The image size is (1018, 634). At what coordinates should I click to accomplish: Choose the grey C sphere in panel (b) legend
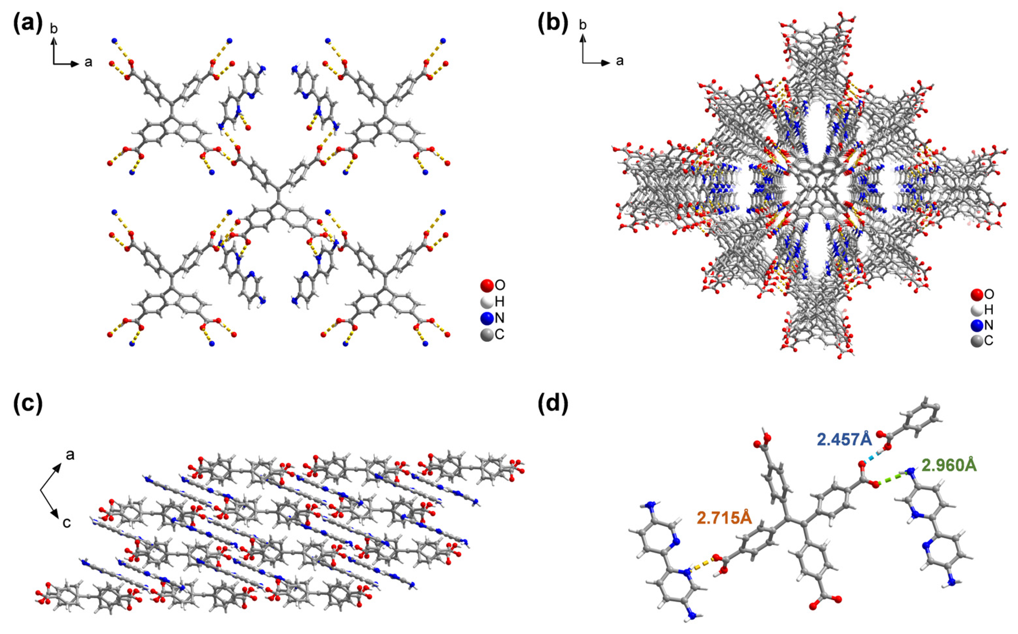click(977, 340)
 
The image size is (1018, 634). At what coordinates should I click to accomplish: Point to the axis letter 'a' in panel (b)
click(620, 61)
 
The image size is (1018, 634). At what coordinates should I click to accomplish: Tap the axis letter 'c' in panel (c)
click(66, 522)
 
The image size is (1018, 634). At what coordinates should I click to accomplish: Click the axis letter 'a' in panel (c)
click(70, 454)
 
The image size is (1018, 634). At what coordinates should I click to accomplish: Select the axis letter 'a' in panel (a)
click(88, 63)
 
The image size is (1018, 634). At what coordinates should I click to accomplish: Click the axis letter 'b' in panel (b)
click(583, 25)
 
